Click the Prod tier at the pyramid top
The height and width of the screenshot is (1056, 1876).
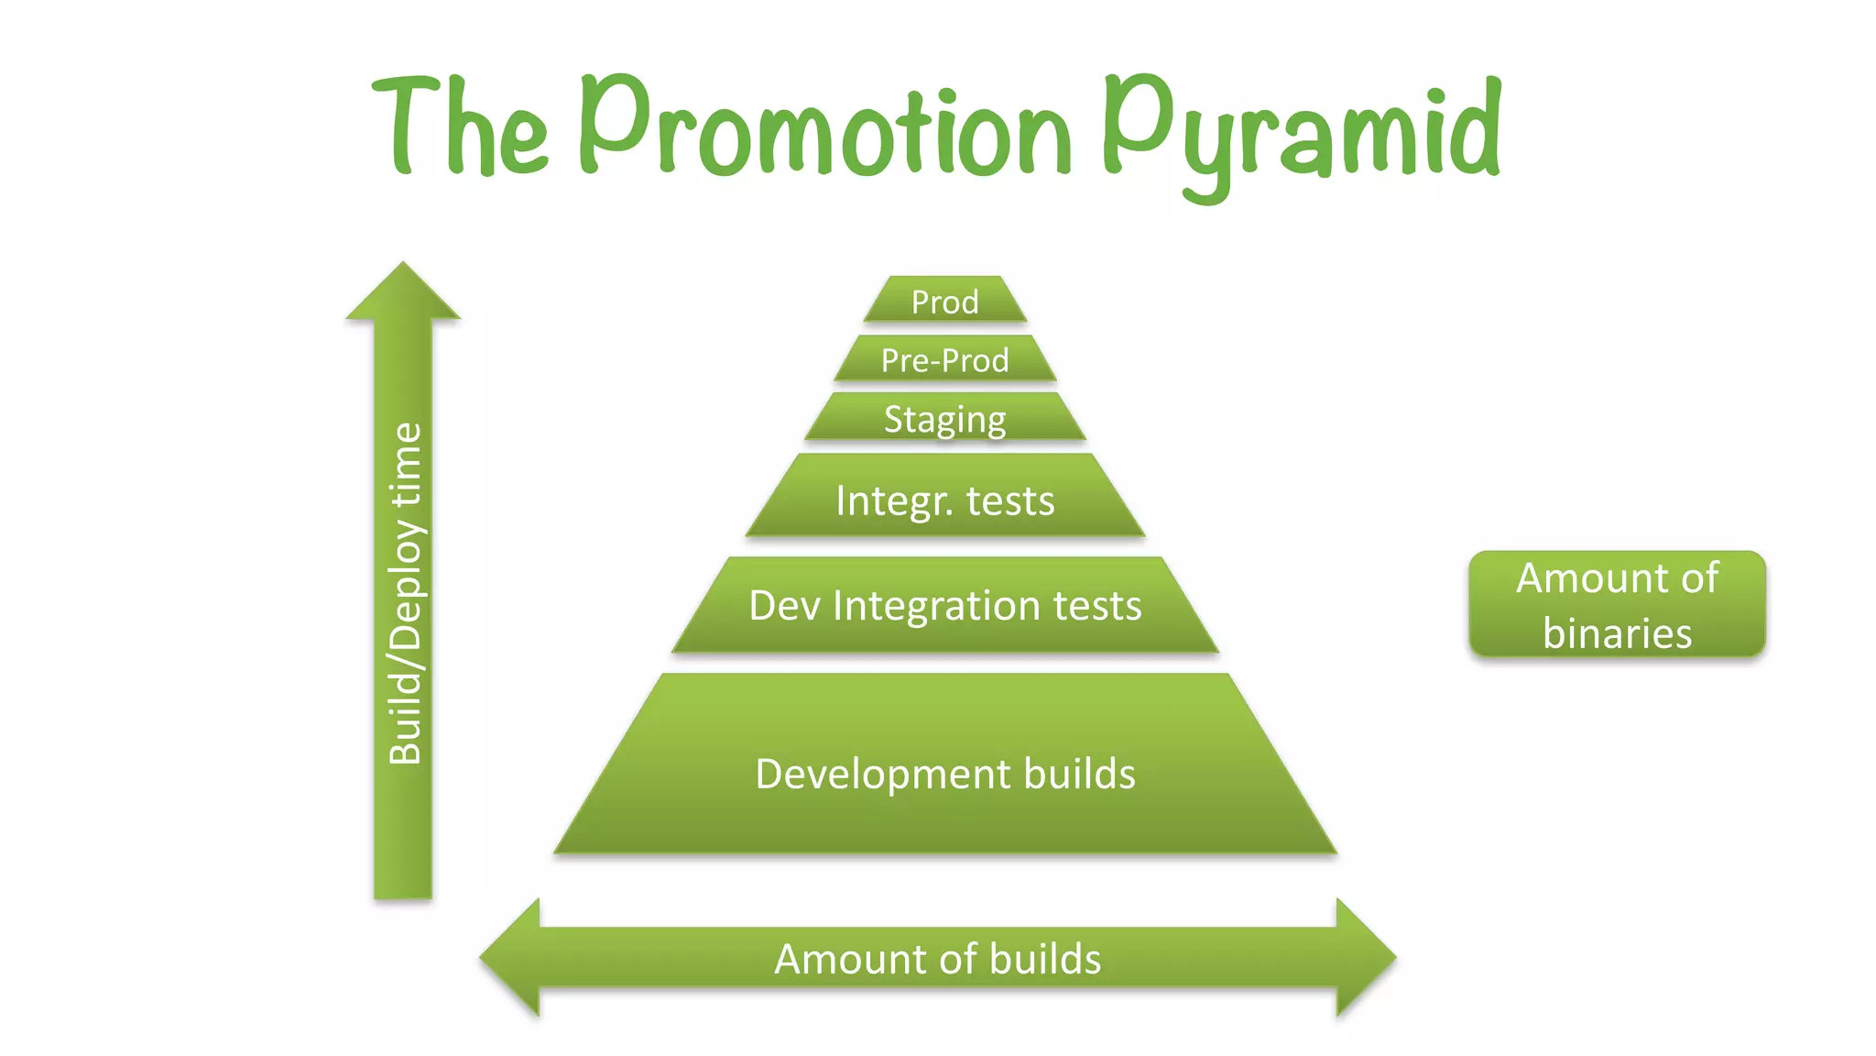(x=944, y=301)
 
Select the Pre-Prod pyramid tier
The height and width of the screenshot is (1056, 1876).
(x=944, y=359)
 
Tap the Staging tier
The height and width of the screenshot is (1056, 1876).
(x=944, y=418)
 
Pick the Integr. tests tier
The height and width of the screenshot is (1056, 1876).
(x=944, y=500)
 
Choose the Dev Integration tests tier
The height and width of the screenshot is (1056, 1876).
(x=944, y=605)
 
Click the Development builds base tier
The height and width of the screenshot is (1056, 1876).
(x=944, y=773)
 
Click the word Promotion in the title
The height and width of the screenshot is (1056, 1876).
(x=824, y=128)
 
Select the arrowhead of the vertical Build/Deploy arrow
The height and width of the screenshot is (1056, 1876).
(x=403, y=291)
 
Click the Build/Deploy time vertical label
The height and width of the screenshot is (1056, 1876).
(x=405, y=593)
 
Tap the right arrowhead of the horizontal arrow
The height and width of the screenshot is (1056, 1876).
(x=1365, y=957)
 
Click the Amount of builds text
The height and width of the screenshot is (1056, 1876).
(x=937, y=959)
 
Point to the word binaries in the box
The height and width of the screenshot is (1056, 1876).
(x=1617, y=633)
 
